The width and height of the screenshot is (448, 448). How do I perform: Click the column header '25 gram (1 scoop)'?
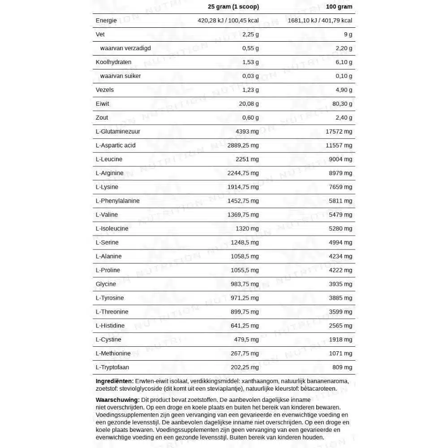tap(233, 7)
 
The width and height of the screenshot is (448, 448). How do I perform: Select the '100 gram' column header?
tap(339, 7)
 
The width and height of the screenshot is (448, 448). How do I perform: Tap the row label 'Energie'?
tap(106, 21)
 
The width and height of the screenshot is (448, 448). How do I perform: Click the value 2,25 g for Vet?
tap(250, 34)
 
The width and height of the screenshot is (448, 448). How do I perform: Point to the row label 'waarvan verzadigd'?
tap(125, 48)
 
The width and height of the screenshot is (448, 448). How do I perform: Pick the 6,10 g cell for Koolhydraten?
tap(343, 62)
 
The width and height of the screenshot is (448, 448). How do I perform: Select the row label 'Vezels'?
tap(105, 90)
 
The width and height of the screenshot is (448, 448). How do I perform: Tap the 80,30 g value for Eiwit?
tap(342, 104)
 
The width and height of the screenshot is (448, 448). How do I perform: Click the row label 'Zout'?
tap(102, 118)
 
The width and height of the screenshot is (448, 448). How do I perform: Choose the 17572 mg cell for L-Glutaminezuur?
tap(339, 132)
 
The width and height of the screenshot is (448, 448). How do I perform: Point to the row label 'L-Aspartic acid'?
tap(116, 146)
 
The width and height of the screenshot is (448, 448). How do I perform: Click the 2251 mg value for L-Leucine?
tap(247, 159)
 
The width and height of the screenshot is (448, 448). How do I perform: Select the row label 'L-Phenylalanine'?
tap(118, 201)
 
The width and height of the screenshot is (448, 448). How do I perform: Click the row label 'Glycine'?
tap(106, 284)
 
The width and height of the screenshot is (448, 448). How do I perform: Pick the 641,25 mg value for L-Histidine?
tap(245, 326)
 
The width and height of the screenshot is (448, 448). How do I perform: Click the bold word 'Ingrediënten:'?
tap(115, 381)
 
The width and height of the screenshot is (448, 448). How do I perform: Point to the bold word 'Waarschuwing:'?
tap(117, 400)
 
